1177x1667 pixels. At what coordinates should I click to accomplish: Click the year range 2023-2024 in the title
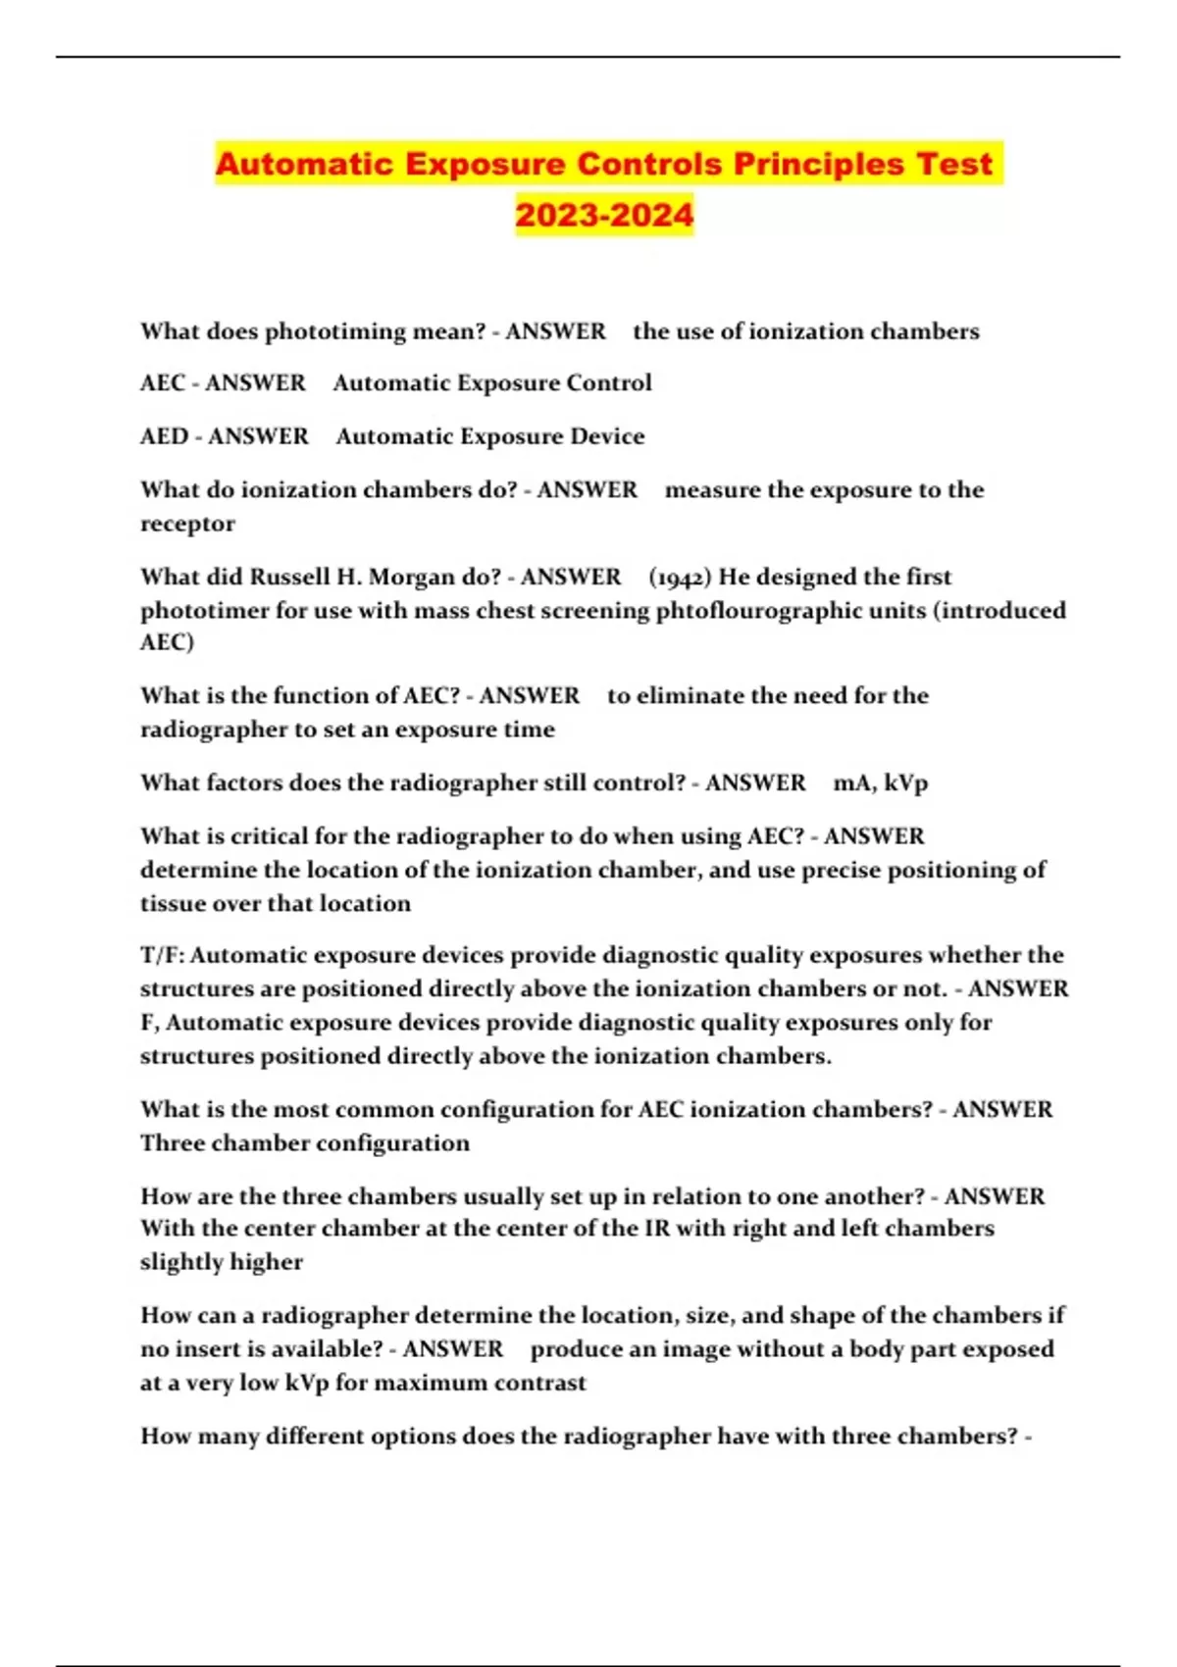pyautogui.click(x=604, y=215)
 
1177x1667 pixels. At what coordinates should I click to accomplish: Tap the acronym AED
pyautogui.click(x=164, y=436)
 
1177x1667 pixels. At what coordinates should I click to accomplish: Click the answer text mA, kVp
pyautogui.click(x=880, y=783)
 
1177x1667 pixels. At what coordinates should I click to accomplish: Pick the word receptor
pyautogui.click(x=187, y=524)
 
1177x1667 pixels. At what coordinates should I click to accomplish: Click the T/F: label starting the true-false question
pyautogui.click(x=162, y=955)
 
